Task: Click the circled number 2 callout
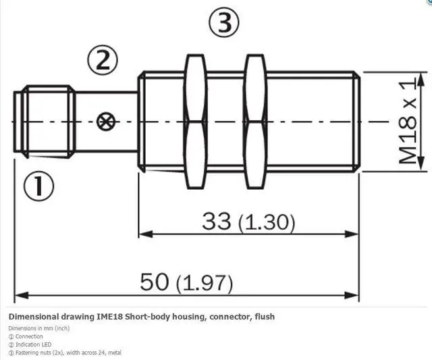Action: (x=103, y=60)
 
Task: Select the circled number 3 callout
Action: (x=224, y=22)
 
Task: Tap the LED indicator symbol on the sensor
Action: (x=106, y=122)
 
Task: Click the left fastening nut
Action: (x=195, y=122)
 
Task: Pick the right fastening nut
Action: (x=255, y=122)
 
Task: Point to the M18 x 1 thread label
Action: (x=408, y=121)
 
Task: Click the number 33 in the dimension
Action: (x=216, y=221)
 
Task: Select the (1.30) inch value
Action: (x=267, y=223)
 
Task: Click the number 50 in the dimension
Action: (x=154, y=282)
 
